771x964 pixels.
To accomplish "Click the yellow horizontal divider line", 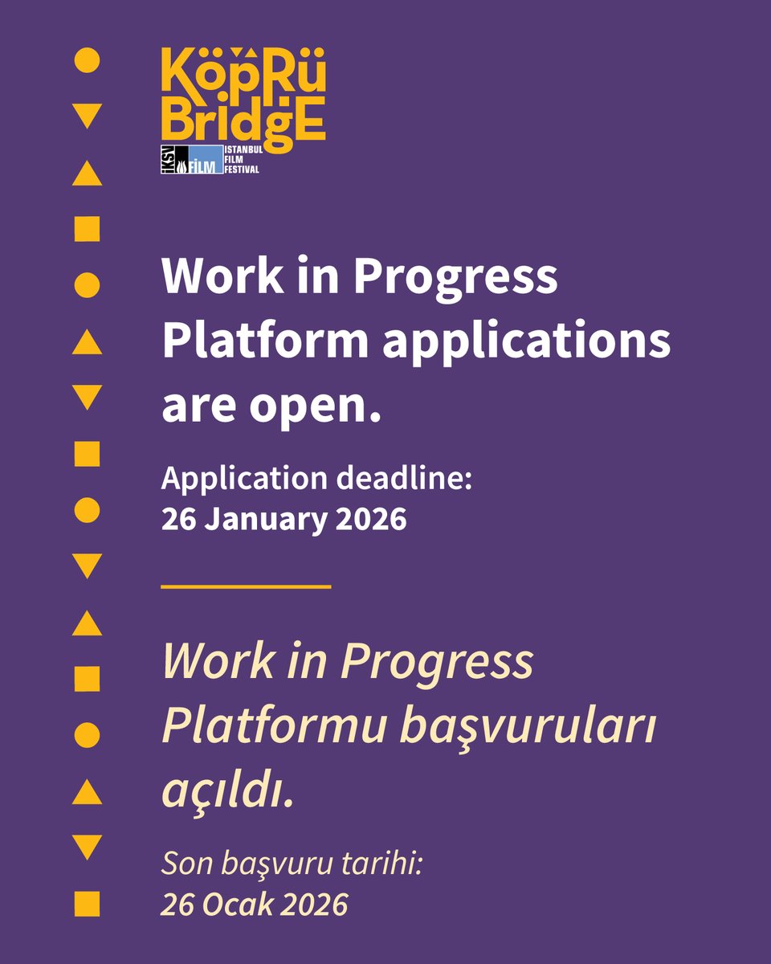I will pyautogui.click(x=246, y=587).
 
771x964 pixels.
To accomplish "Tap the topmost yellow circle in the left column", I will pyautogui.click(x=87, y=61).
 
